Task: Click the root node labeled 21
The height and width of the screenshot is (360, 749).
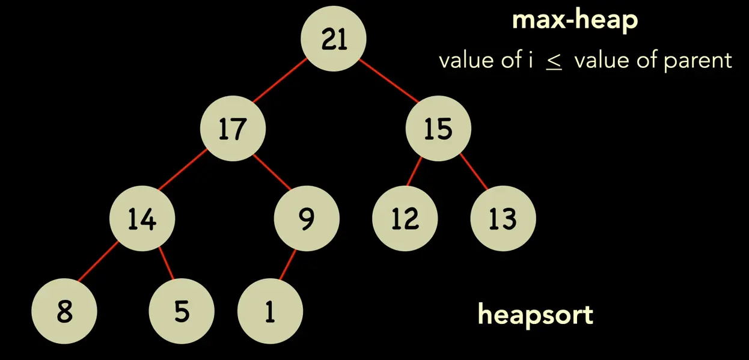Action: pos(334,39)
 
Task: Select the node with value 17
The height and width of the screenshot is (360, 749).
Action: pos(233,129)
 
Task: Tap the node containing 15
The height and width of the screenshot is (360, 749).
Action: pos(438,129)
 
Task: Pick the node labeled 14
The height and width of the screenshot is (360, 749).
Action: pos(142,219)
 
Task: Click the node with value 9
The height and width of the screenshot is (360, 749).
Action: pos(307,219)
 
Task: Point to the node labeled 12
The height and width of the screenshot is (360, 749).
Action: pos(405,219)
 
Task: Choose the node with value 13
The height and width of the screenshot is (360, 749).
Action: pos(503,219)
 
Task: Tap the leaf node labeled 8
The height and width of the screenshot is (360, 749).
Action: pos(64,313)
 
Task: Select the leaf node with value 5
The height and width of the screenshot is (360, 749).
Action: pos(182,313)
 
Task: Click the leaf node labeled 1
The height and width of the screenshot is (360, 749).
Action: pos(270,313)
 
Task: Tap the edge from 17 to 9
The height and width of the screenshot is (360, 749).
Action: pos(271,172)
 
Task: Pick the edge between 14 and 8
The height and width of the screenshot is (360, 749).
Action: pos(99,264)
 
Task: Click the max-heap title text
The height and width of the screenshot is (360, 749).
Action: pos(574,21)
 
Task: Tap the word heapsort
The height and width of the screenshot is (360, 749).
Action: pos(535,314)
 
